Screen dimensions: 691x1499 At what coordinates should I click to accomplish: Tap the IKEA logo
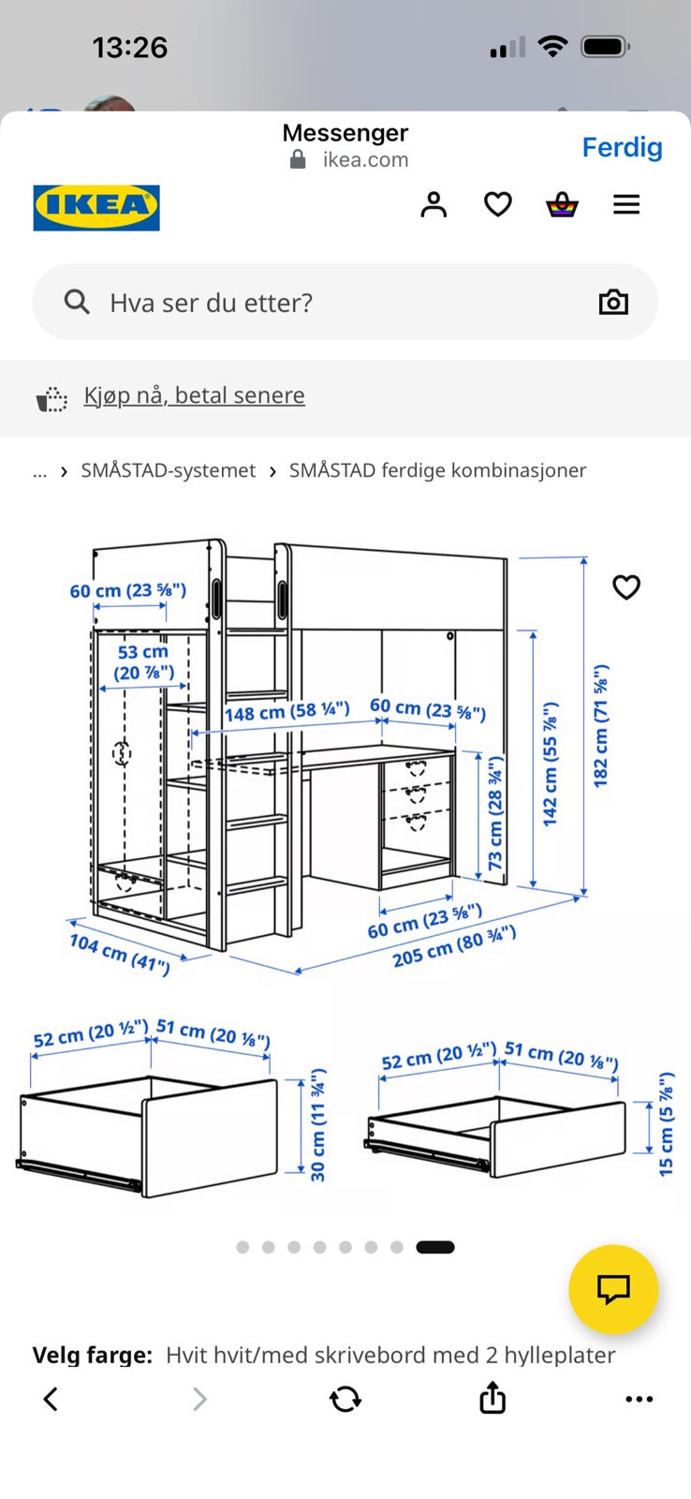point(96,207)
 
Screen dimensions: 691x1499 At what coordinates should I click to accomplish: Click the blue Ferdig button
point(622,147)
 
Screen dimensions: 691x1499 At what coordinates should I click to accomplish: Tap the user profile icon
point(434,205)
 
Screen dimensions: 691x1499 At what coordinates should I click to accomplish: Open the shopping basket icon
point(562,205)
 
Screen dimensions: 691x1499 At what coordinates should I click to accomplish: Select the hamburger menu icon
point(626,205)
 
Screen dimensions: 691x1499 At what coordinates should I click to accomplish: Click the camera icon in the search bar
point(613,303)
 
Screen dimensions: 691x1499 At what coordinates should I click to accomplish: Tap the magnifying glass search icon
point(77,302)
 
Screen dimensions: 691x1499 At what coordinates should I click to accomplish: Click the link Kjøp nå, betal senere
point(194,395)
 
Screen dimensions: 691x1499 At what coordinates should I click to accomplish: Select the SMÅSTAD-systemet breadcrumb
point(168,470)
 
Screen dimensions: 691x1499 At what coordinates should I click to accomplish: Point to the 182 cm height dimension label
point(601,725)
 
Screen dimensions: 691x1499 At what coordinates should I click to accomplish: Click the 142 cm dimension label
point(550,764)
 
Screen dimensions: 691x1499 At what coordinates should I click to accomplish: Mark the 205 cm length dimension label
point(454,946)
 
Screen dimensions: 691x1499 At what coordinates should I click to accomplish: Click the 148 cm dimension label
point(287,711)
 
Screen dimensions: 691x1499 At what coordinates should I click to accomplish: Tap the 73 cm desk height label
point(495,813)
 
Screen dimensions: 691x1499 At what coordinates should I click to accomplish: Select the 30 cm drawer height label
point(317,1125)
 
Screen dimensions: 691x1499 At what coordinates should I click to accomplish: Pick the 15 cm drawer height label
point(666,1124)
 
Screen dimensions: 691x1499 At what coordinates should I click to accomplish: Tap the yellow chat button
point(613,1289)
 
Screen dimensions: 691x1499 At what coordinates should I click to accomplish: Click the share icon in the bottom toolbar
point(493,1397)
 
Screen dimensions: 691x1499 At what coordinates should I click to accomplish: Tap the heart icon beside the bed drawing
point(626,586)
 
